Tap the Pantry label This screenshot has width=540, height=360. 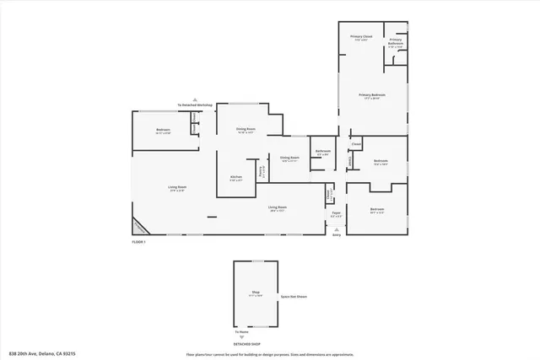click(x=262, y=170)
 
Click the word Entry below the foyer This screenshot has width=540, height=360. click(x=337, y=235)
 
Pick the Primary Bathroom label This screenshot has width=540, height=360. click(x=396, y=42)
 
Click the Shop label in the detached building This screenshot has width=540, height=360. click(x=255, y=293)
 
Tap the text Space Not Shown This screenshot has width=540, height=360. click(x=293, y=297)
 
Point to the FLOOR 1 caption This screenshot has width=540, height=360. click(x=138, y=242)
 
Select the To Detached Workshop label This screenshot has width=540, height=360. click(x=195, y=105)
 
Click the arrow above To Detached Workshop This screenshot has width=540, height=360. click(x=195, y=99)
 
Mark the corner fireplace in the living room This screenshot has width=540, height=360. click(x=138, y=227)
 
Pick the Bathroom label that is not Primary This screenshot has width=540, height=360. click(x=322, y=153)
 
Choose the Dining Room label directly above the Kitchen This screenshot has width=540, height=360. click(x=246, y=130)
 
